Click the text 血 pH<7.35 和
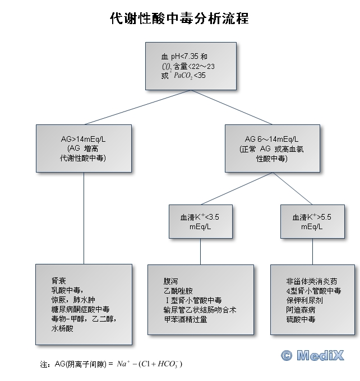point(184,57)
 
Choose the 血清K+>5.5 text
point(312,217)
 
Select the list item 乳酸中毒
point(66,290)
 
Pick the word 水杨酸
point(62,329)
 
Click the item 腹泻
point(170,281)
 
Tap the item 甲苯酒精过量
point(185,319)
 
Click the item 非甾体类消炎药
point(311,281)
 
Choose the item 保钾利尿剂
point(304,300)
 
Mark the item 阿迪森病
point(301,309)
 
